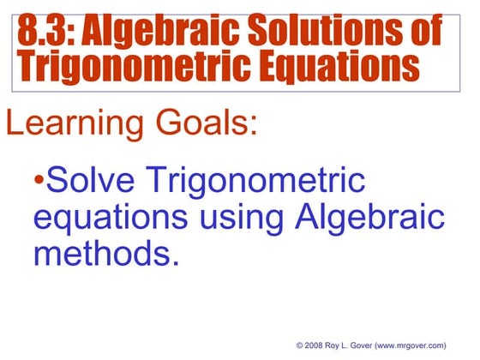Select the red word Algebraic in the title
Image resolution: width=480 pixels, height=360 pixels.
pos(164,32)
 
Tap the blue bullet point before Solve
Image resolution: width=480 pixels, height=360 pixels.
pos(39,182)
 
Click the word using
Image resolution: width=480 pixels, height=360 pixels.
pos(242,220)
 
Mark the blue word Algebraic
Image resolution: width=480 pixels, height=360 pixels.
pos(371,219)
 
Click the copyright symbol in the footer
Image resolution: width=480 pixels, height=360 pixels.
pos(299,345)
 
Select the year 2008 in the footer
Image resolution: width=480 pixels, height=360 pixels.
pos(315,345)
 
